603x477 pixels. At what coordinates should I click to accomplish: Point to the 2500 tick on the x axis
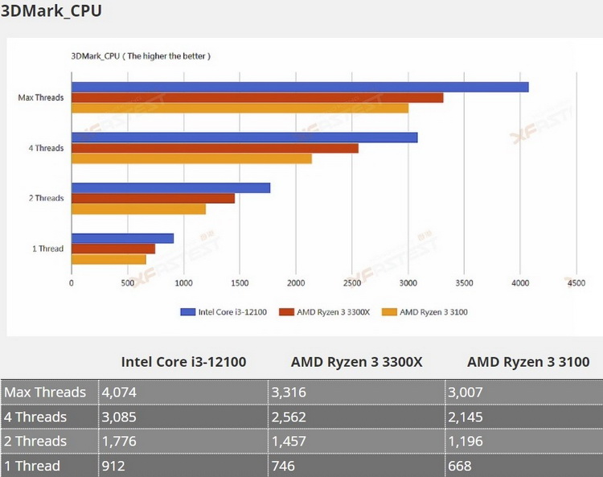351,283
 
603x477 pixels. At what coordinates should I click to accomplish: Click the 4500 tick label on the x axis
576,283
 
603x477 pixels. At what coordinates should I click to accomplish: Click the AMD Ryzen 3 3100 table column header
528,362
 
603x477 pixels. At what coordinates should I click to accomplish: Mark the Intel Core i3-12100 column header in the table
183,362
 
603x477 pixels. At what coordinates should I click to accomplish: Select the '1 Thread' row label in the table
32,466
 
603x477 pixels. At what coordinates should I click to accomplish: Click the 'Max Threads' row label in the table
45,393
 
